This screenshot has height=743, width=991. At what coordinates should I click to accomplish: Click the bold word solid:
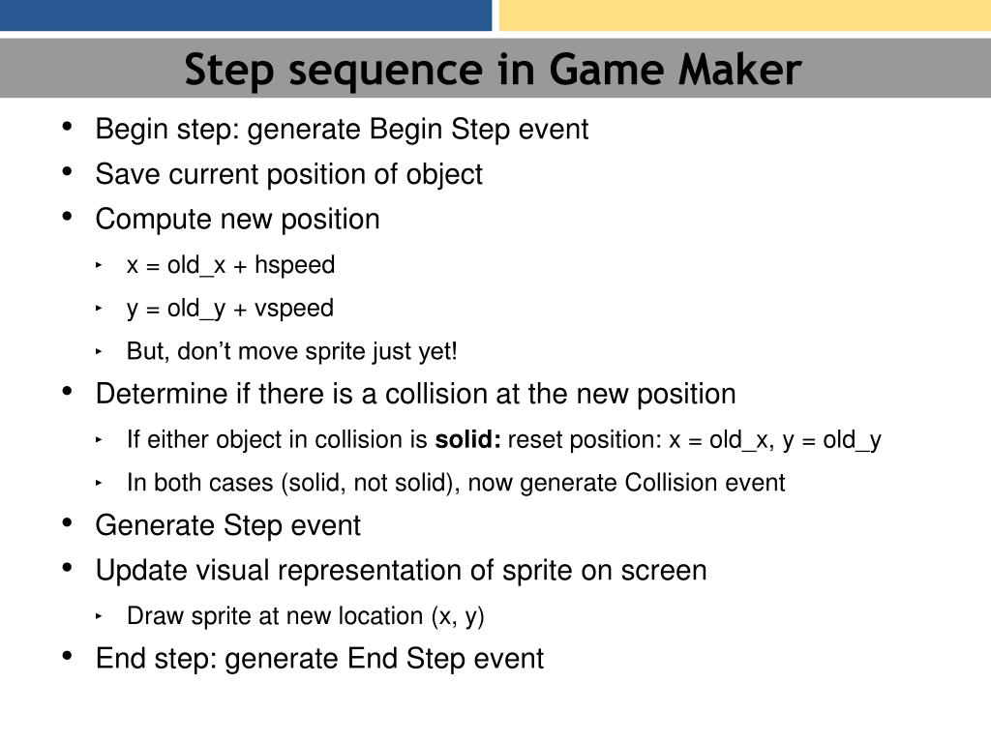[x=467, y=440]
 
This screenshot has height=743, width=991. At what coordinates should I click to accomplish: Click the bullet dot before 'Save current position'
[x=68, y=172]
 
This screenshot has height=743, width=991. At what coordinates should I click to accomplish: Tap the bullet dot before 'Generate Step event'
[x=68, y=523]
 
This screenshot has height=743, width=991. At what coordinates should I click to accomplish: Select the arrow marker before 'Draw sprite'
[x=100, y=615]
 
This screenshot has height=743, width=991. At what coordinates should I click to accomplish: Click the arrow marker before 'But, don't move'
[x=100, y=352]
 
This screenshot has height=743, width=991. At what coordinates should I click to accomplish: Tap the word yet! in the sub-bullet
[x=437, y=351]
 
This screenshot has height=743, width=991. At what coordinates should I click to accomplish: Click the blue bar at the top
[x=246, y=15]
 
